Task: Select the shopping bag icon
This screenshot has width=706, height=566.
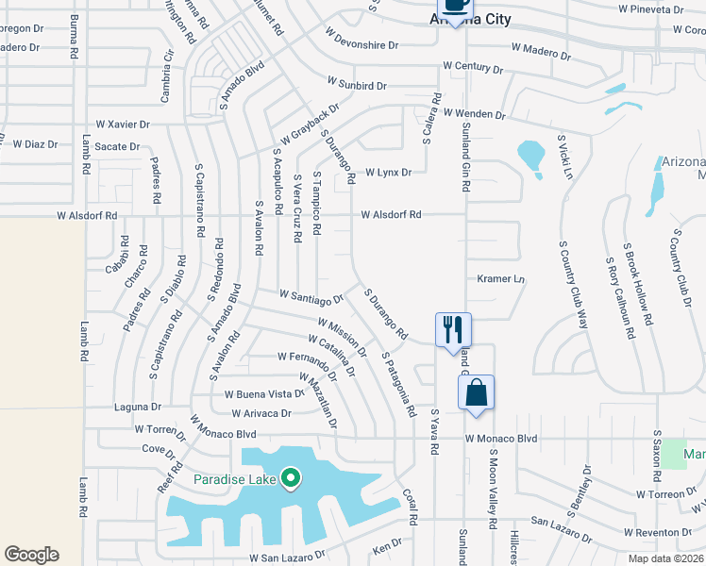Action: (476, 392)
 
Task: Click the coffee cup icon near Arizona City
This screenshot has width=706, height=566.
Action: (455, 8)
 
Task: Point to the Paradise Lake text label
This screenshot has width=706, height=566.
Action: (235, 480)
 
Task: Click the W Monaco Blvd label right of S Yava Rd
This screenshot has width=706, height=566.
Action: (500, 439)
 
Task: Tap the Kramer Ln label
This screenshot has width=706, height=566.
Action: (500, 279)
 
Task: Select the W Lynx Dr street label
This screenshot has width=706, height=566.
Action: (390, 173)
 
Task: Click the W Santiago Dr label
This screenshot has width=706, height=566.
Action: (311, 298)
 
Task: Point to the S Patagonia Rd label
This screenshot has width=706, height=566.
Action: (398, 385)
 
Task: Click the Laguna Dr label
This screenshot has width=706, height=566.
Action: (137, 407)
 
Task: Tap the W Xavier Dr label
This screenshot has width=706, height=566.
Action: (123, 125)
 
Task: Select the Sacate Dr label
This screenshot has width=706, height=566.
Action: (116, 146)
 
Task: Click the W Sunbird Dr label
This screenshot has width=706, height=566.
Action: (357, 85)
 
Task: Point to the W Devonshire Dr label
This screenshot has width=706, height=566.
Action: (361, 44)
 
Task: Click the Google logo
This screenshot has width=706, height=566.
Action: (31, 555)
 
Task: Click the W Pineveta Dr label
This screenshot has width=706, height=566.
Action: (649, 8)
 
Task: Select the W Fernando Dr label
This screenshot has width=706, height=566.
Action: (308, 357)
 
